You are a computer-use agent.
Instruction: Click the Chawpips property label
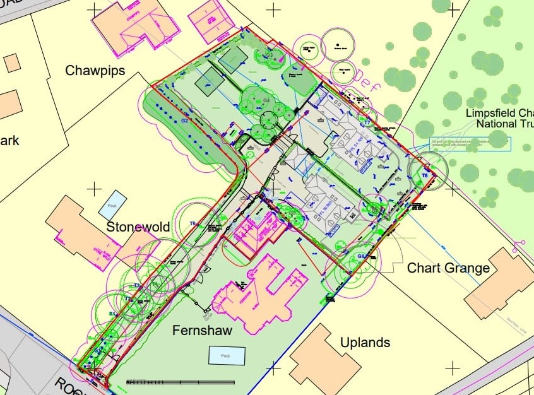(95, 71)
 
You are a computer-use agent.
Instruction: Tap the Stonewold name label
(138, 227)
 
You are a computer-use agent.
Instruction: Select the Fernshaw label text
(202, 331)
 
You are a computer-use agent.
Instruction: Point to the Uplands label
(365, 343)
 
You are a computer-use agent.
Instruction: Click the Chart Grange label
(448, 268)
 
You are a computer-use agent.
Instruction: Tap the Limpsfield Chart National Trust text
(499, 118)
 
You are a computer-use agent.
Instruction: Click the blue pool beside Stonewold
(112, 205)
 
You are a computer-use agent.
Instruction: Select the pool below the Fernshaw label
(227, 355)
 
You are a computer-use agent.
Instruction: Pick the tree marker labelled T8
(425, 175)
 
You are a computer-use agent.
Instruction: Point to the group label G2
(185, 120)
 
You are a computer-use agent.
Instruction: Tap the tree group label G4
(266, 100)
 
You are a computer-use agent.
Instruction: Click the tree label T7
(367, 122)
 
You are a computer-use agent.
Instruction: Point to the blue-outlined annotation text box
(470, 144)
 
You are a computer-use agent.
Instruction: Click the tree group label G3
(269, 56)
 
